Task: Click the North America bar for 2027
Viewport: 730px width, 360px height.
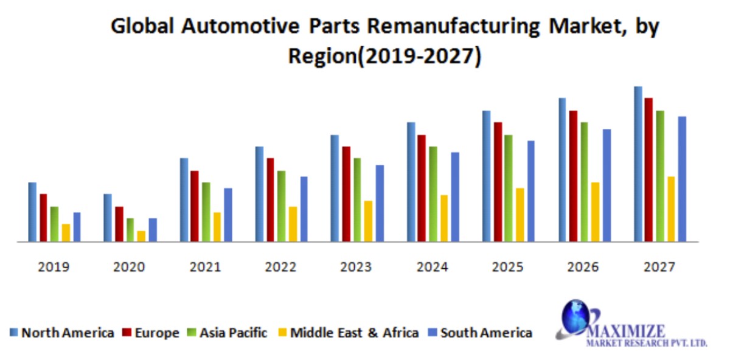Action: click(x=638, y=164)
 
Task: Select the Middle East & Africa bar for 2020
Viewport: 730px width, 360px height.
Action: click(x=141, y=236)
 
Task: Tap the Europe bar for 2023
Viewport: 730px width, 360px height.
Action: click(x=346, y=194)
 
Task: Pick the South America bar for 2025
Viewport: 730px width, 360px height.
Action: click(x=530, y=191)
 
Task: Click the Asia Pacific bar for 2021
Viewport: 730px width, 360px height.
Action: click(x=206, y=212)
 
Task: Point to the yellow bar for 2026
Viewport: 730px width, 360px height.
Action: click(x=595, y=212)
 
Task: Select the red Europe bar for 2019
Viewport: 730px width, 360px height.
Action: click(x=43, y=218)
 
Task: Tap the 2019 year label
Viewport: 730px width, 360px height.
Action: click(x=54, y=267)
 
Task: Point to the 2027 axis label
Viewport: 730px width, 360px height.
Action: click(x=659, y=267)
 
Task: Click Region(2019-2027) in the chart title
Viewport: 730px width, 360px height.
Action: click(x=384, y=56)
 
